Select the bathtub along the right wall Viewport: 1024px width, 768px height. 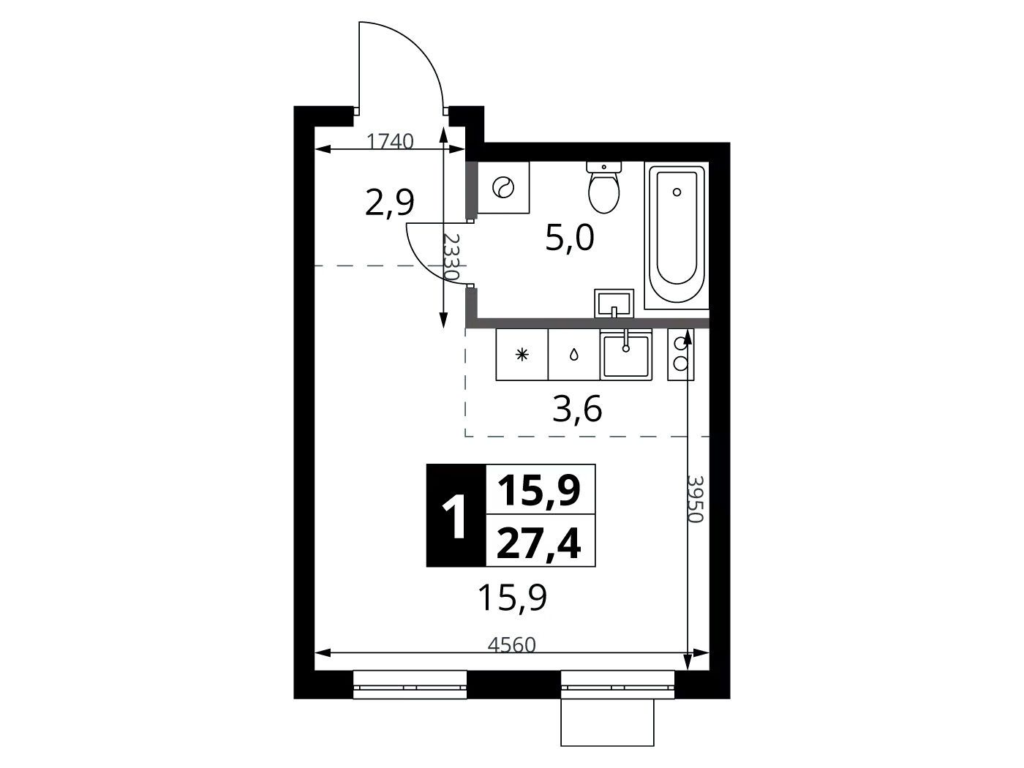pos(677,235)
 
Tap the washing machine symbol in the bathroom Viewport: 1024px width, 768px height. pos(503,188)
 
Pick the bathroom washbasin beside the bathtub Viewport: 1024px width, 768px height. pos(614,303)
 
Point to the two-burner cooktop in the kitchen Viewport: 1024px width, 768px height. pos(681,355)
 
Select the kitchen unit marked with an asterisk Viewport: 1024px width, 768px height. pos(522,355)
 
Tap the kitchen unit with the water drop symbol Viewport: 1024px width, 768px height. pos(574,355)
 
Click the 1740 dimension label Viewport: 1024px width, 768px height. pos(390,141)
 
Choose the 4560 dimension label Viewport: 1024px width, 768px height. pos(512,645)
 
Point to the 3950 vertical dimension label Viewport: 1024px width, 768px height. pos(695,499)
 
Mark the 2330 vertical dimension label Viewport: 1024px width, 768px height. pos(451,257)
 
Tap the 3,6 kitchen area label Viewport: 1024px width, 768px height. pos(577,409)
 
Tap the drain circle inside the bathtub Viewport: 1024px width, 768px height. pos(677,192)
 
